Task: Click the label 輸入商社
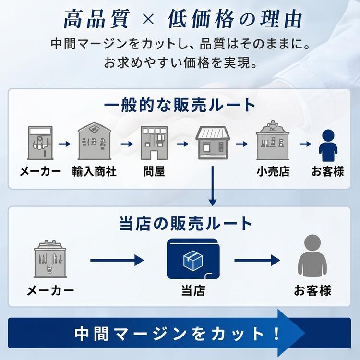point(94,171)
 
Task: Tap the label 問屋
point(154,171)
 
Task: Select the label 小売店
point(273,171)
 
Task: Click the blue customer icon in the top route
point(328,145)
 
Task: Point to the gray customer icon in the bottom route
point(312,255)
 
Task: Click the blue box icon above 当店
point(193,259)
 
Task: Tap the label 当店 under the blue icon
point(193,290)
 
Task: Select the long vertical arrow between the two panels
point(213,186)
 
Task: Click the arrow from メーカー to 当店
point(117,260)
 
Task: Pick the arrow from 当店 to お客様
point(257,260)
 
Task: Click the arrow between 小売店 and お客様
point(305,144)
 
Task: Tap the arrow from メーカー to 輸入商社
point(65,144)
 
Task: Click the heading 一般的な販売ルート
point(180,105)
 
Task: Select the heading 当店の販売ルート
point(185,223)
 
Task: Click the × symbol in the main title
point(148,19)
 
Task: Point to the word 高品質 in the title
point(96,19)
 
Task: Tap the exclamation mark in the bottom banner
point(276,334)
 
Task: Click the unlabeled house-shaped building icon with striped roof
point(213,143)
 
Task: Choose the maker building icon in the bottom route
point(50,259)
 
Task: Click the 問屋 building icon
point(154,143)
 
